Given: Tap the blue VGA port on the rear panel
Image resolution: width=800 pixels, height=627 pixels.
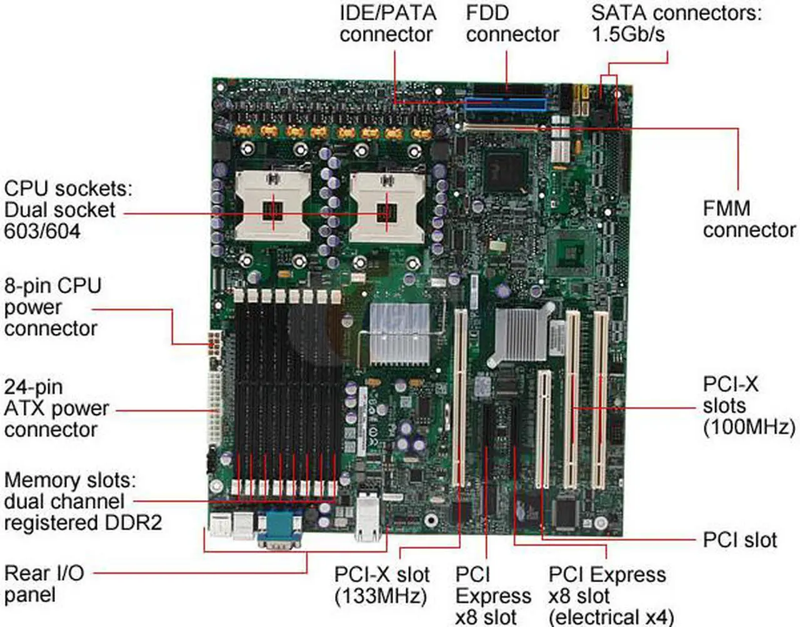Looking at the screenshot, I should (x=279, y=528).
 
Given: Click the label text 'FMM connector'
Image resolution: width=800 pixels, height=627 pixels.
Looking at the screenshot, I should (x=749, y=219).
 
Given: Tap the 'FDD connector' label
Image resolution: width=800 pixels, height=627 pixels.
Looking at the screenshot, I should (x=512, y=24).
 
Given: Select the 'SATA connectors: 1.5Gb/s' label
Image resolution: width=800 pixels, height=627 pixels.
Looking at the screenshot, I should (x=676, y=24).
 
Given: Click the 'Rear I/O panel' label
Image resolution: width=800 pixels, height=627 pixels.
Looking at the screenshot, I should (x=44, y=583).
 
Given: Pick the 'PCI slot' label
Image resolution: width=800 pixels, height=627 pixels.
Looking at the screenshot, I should (x=739, y=539).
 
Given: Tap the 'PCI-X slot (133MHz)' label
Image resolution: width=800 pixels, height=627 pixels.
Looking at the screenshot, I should (x=381, y=584).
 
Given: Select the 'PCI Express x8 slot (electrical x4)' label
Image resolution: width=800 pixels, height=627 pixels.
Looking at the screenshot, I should (x=609, y=595).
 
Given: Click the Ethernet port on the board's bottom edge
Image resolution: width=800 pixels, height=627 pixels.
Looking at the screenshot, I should (x=367, y=518).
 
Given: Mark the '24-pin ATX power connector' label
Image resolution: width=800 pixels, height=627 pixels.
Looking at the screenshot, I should (x=56, y=408).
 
